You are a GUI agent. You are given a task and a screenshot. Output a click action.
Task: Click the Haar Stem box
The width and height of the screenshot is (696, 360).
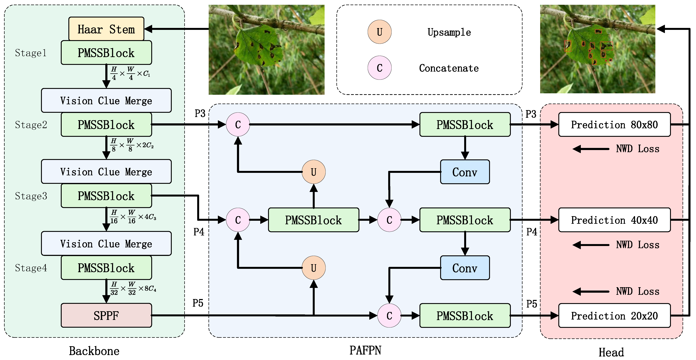click(x=106, y=29)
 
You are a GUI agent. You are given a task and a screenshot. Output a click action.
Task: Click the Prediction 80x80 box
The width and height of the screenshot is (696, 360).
click(x=614, y=125)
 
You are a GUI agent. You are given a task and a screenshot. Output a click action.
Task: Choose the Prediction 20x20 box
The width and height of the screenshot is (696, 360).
click(x=614, y=316)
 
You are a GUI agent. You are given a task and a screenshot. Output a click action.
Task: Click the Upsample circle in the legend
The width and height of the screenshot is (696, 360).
click(x=379, y=32)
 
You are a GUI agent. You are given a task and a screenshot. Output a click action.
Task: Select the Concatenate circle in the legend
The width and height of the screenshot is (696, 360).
click(x=379, y=68)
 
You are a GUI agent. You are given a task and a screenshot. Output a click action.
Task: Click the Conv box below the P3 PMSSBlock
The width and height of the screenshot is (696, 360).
click(x=465, y=172)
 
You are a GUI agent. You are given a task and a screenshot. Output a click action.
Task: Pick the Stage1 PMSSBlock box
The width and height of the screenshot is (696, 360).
click(x=106, y=53)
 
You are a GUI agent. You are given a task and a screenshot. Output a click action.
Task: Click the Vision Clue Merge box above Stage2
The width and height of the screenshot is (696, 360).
click(x=106, y=100)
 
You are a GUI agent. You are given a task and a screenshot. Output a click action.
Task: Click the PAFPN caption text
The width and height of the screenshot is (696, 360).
click(x=365, y=350)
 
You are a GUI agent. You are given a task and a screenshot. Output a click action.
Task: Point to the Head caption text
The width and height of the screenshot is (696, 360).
click(x=611, y=352)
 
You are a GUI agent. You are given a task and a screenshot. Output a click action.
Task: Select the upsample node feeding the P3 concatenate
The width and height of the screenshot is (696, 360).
click(x=313, y=172)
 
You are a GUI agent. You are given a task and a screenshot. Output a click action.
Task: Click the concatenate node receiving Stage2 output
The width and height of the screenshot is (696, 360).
click(x=238, y=125)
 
